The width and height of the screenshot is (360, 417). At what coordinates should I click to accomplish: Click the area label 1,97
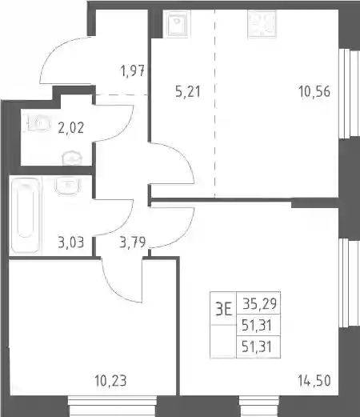click(133, 71)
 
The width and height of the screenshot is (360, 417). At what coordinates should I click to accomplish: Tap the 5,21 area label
click(188, 91)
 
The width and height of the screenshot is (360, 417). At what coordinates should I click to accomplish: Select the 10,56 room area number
click(314, 91)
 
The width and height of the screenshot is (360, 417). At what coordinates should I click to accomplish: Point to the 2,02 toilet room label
click(71, 127)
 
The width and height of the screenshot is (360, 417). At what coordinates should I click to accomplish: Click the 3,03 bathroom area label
click(71, 243)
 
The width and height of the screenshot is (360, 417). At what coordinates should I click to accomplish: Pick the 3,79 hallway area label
click(133, 243)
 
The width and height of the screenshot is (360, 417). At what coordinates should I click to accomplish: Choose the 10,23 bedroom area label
click(110, 381)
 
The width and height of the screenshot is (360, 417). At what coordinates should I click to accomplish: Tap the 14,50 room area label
click(314, 381)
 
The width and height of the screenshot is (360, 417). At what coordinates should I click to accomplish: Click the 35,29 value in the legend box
click(259, 303)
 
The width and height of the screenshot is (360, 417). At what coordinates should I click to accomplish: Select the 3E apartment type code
click(223, 310)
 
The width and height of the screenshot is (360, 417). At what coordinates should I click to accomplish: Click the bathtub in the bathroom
click(26, 215)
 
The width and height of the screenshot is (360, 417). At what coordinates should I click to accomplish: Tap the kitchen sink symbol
click(177, 23)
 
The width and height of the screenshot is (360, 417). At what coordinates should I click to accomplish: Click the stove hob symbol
click(262, 24)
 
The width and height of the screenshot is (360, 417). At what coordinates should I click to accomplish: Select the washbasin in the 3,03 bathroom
click(68, 186)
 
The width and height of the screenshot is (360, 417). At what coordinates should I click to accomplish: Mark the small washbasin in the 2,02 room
click(72, 158)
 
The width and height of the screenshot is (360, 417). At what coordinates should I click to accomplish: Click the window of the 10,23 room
click(112, 407)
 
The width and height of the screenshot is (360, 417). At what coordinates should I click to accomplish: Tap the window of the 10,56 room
click(350, 94)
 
